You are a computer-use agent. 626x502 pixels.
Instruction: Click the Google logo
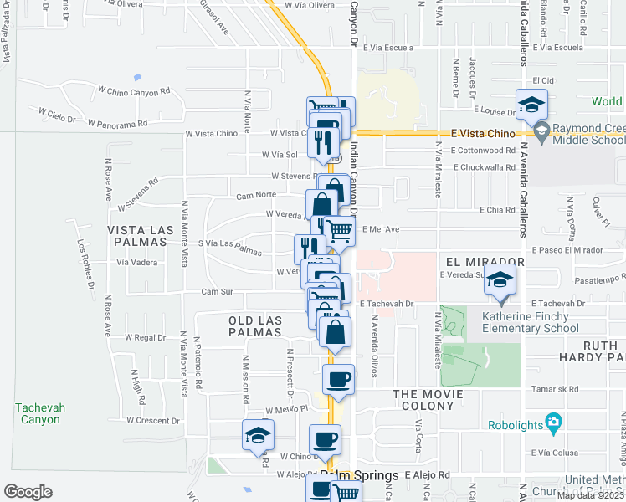[28, 492]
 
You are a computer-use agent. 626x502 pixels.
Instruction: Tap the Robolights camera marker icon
[552, 422]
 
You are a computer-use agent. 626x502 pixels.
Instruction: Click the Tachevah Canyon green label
[37, 413]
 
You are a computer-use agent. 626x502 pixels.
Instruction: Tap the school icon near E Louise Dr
[531, 105]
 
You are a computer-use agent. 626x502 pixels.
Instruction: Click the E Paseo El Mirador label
[567, 250]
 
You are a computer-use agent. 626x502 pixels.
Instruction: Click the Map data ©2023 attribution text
[591, 494]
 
